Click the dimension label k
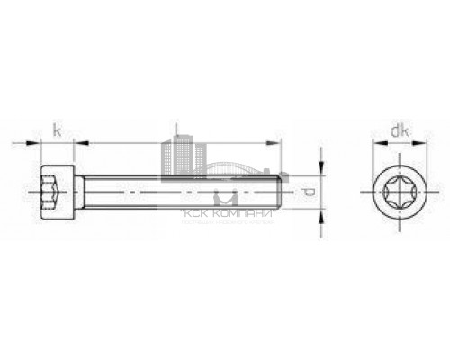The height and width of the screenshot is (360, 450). tap(57, 131)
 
